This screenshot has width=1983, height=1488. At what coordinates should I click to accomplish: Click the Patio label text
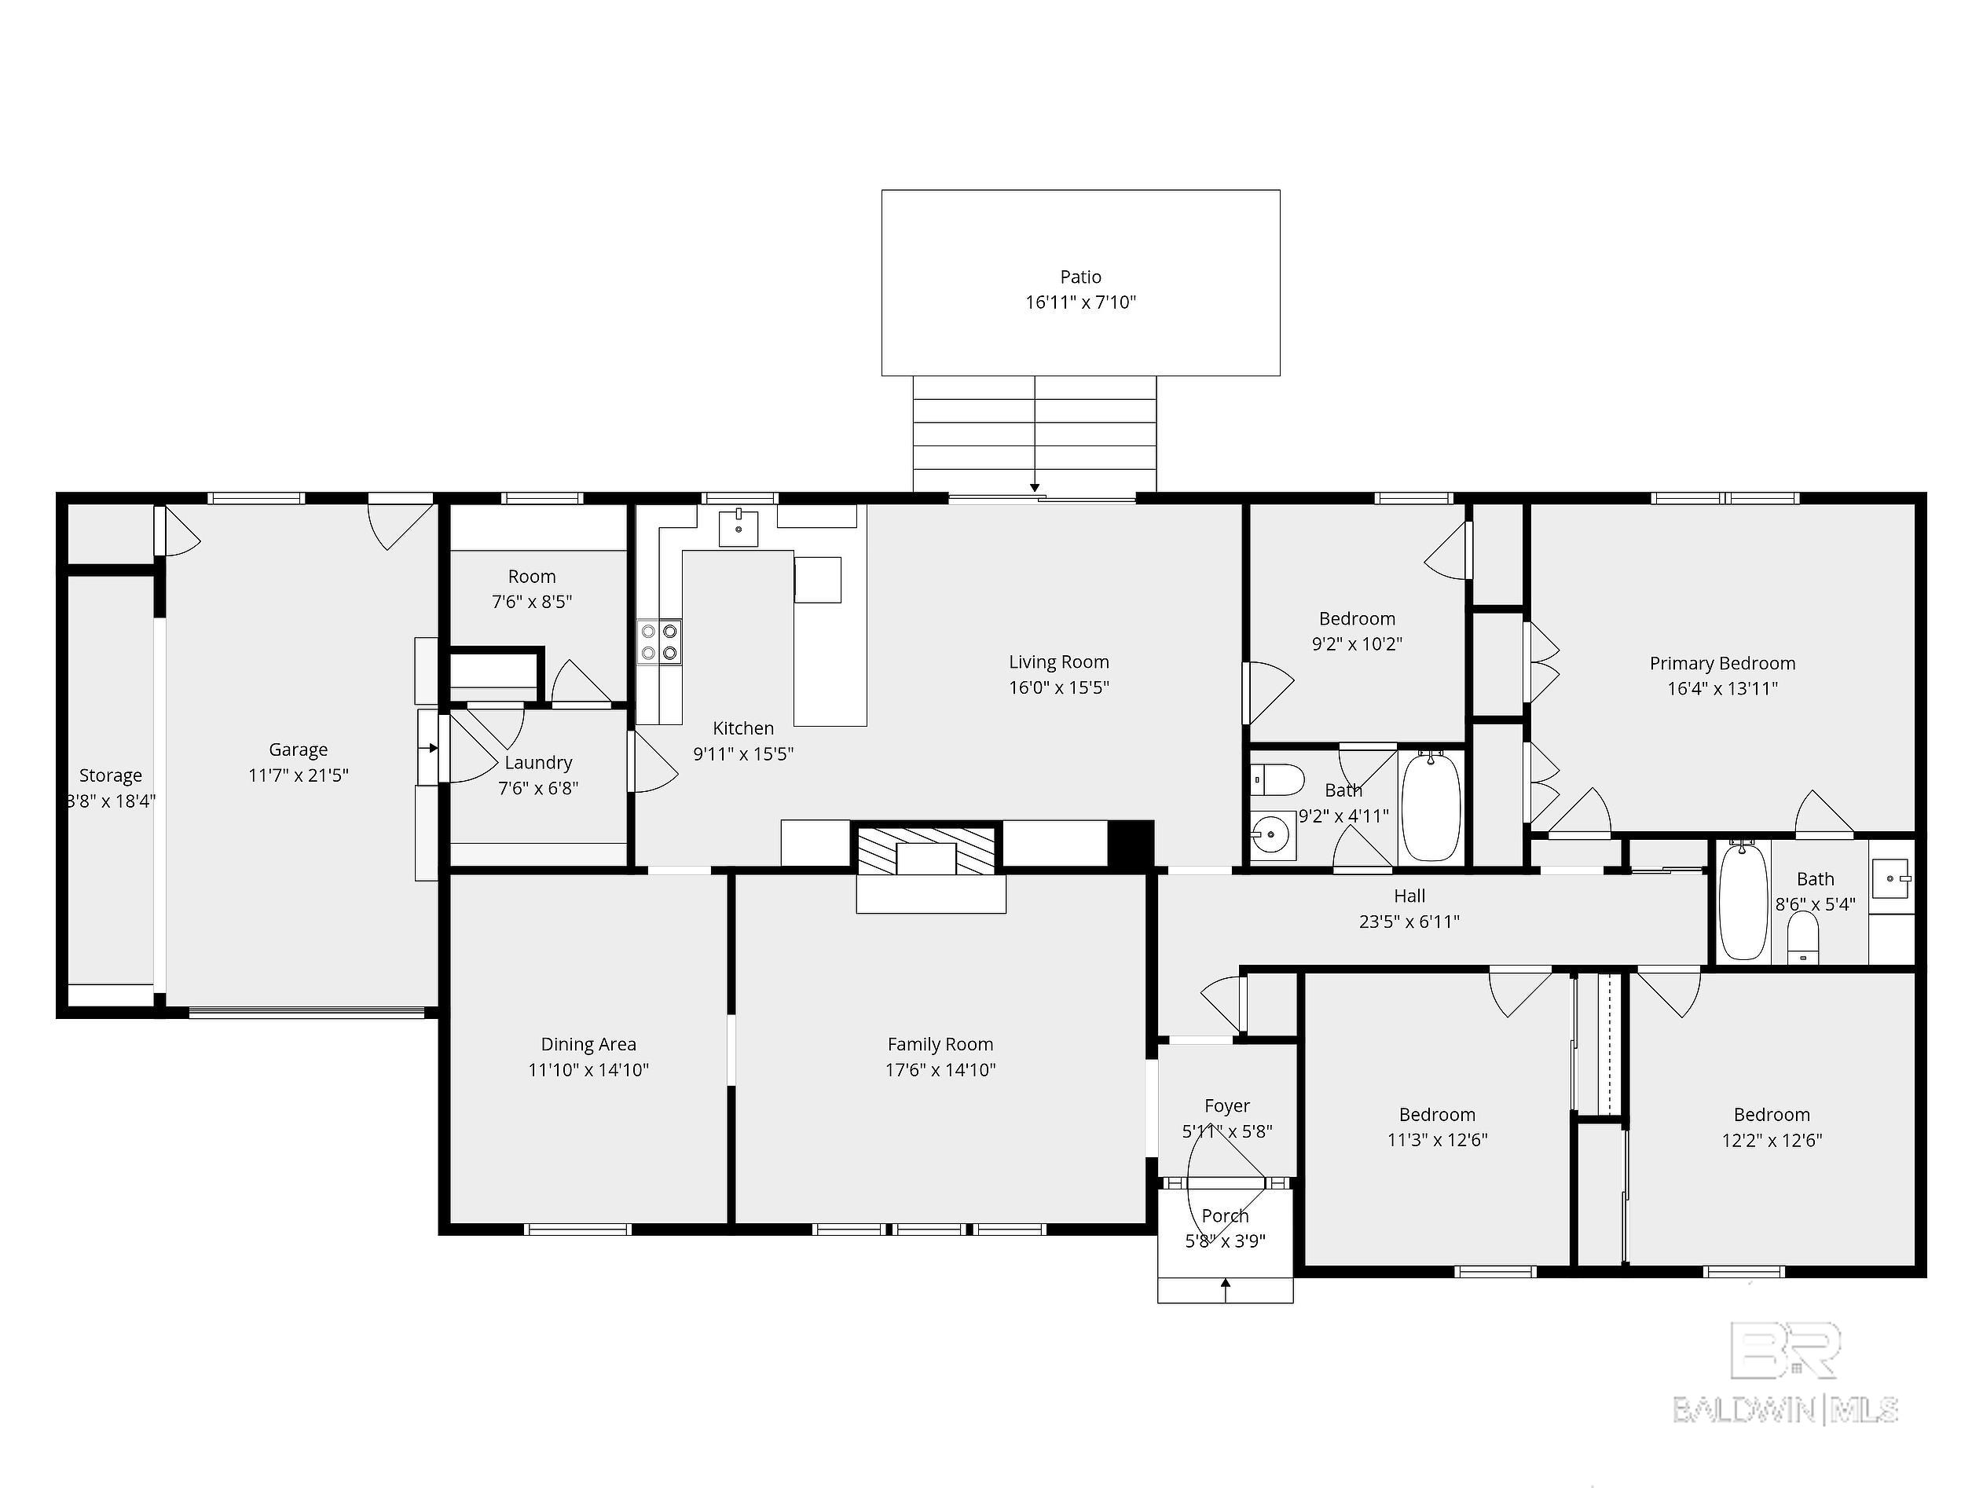[1080, 277]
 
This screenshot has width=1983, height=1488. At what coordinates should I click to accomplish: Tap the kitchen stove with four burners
[659, 642]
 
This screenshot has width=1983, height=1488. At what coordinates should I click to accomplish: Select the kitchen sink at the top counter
[738, 527]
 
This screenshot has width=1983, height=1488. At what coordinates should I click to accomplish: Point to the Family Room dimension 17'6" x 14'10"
[940, 1069]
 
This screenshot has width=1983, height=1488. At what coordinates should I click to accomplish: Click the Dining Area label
[588, 1044]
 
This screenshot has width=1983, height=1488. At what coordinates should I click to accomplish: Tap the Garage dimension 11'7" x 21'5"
[298, 775]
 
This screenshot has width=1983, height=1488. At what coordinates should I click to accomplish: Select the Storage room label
[110, 775]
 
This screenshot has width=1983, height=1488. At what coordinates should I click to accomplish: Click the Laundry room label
[538, 763]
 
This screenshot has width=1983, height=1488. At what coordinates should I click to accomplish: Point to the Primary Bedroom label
[1721, 663]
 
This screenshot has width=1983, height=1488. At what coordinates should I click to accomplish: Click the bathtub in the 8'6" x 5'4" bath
[1743, 901]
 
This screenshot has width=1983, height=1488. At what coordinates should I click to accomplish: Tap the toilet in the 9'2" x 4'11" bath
[1276, 780]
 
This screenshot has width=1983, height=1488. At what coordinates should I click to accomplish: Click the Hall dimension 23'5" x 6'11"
[1409, 921]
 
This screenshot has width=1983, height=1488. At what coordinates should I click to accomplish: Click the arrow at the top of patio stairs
[1035, 487]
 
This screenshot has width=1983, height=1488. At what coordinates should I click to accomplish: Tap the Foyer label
[1226, 1106]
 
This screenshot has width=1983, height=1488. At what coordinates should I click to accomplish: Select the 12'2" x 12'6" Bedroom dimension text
[1772, 1140]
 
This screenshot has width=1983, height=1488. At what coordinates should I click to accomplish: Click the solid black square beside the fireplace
[1131, 843]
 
